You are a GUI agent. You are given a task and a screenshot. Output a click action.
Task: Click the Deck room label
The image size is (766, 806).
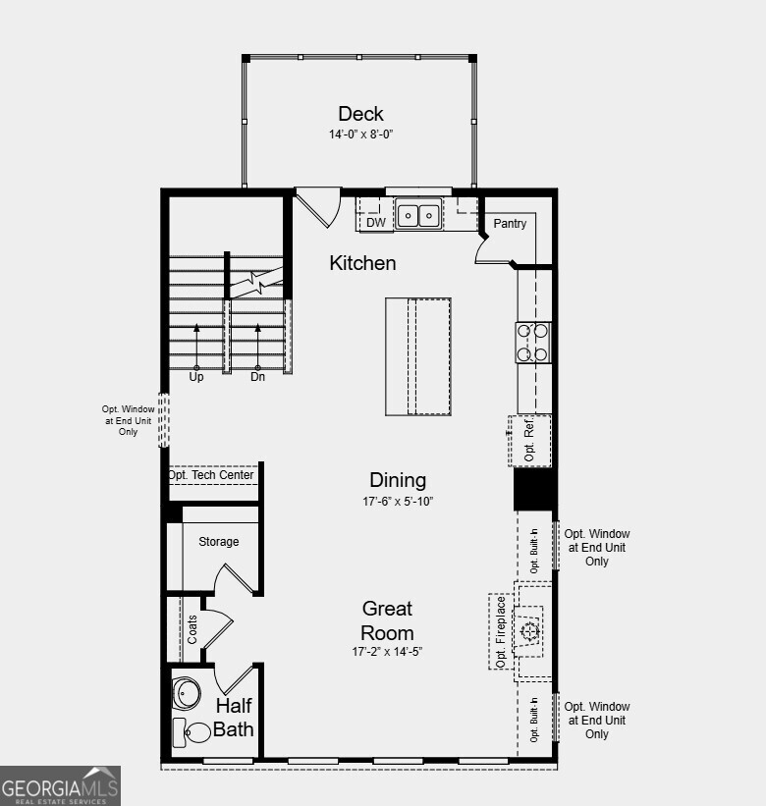360,114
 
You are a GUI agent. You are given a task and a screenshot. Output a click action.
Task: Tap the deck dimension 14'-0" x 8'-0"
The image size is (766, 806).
360,134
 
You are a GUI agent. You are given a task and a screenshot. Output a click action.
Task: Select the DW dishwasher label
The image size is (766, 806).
375,223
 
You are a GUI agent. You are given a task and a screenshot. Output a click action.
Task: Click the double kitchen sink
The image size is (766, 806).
419,214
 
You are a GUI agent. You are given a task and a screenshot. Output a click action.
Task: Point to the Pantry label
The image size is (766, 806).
510,224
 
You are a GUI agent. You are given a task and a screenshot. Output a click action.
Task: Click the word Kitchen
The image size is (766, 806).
362,263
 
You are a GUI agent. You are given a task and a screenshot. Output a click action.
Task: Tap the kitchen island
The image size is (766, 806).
418,356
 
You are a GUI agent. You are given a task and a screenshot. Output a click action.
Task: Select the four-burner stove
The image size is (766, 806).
533,343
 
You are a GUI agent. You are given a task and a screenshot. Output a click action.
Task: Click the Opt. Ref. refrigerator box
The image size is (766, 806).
530,440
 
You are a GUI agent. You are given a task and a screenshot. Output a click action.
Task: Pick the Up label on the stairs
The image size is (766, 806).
196,377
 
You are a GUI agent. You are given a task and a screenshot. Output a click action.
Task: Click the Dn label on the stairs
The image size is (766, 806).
258,377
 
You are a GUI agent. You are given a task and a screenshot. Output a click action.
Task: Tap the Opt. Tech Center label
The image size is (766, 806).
211,475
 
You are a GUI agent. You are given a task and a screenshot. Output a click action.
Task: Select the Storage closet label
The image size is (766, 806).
218,542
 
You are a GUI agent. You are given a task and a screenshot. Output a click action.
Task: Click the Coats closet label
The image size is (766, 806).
191,628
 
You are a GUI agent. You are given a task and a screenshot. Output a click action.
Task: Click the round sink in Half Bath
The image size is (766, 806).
187,693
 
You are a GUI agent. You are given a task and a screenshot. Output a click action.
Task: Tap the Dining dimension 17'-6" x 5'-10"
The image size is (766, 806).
398,501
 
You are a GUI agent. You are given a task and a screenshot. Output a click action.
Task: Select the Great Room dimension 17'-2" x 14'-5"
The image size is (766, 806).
387,651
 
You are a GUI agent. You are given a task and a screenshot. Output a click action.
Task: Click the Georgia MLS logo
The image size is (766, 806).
60,785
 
